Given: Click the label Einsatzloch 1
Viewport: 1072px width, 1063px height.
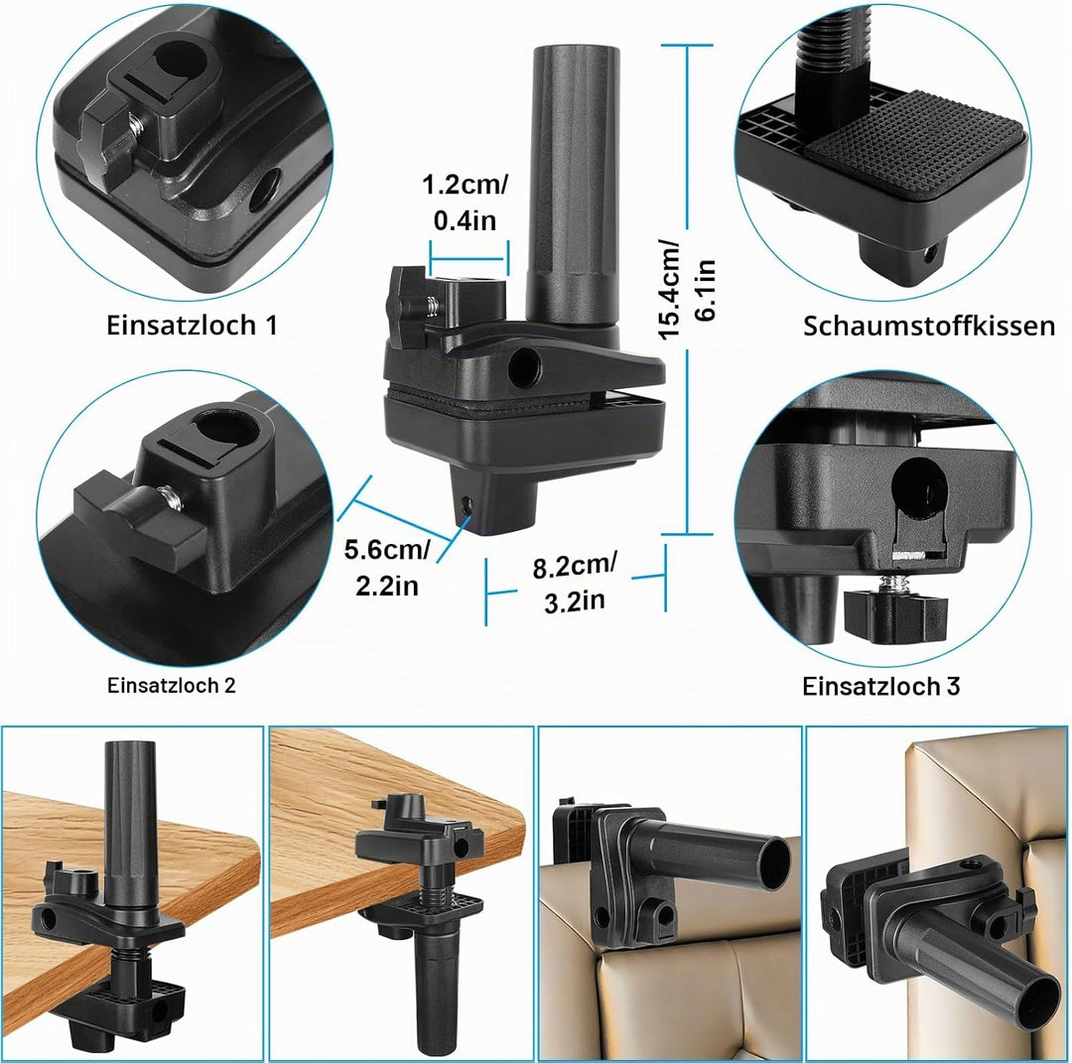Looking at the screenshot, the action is pyautogui.click(x=193, y=326).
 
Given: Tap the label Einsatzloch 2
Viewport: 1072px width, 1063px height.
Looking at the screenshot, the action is pyautogui.click(x=172, y=686).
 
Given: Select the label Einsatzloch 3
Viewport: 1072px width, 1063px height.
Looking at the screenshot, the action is pyautogui.click(x=881, y=687).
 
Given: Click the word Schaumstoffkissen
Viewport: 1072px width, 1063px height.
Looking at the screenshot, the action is pyautogui.click(x=929, y=327).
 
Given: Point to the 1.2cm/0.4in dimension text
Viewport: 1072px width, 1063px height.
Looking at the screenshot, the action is pyautogui.click(x=465, y=202).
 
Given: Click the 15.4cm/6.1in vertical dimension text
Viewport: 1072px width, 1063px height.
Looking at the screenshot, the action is pyautogui.click(x=686, y=289).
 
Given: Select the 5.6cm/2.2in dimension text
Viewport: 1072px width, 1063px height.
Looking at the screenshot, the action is pyautogui.click(x=387, y=568).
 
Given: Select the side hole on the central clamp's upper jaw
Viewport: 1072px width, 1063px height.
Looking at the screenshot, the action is pyautogui.click(x=525, y=367).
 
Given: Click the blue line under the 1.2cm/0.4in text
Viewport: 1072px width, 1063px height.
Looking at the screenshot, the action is pyautogui.click(x=469, y=259).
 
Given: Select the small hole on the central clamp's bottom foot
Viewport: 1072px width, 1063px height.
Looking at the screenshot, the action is pyautogui.click(x=468, y=505).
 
